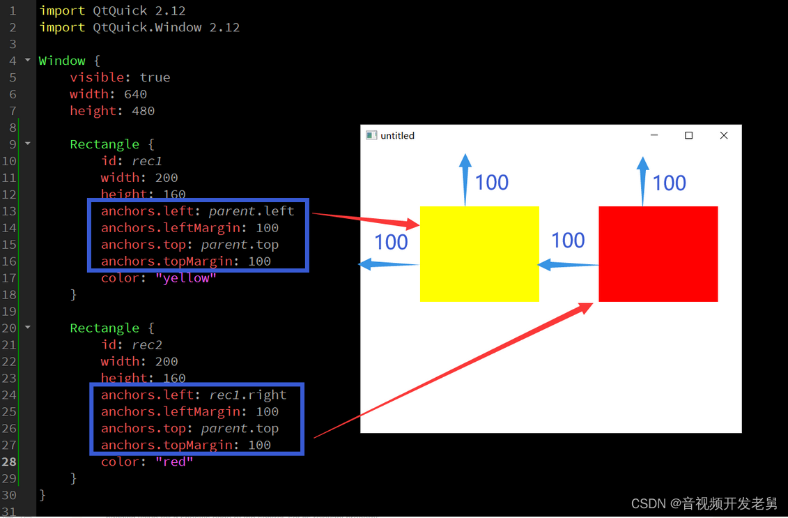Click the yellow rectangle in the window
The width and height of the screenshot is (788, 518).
pyautogui.click(x=479, y=254)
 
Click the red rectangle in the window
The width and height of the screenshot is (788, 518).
pyautogui.click(x=658, y=254)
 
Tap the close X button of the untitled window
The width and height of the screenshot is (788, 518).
pyautogui.click(x=723, y=135)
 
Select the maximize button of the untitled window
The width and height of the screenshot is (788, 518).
pyautogui.click(x=688, y=135)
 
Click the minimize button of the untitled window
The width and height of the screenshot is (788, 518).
pyautogui.click(x=654, y=135)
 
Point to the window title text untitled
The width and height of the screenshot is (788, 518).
pyautogui.click(x=397, y=136)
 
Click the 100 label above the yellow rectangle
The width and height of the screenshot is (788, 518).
pyautogui.click(x=492, y=183)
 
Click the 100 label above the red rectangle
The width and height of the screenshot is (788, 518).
pyautogui.click(x=669, y=183)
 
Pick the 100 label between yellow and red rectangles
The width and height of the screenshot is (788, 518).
pyautogui.click(x=568, y=241)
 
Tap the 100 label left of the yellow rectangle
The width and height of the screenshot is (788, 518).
pyautogui.click(x=391, y=242)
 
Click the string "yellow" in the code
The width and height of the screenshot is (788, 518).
pyautogui.click(x=186, y=278)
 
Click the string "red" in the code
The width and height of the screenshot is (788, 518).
pyautogui.click(x=174, y=462)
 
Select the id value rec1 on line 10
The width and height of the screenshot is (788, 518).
pyautogui.click(x=147, y=161)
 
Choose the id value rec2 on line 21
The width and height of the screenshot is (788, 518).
pyautogui.click(x=147, y=345)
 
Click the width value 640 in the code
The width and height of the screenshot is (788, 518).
pyautogui.click(x=135, y=94)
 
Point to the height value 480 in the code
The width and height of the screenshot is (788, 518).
pyautogui.click(x=143, y=111)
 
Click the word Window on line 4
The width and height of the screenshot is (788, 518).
pyautogui.click(x=62, y=61)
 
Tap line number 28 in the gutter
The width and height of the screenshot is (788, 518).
pyautogui.click(x=9, y=462)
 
